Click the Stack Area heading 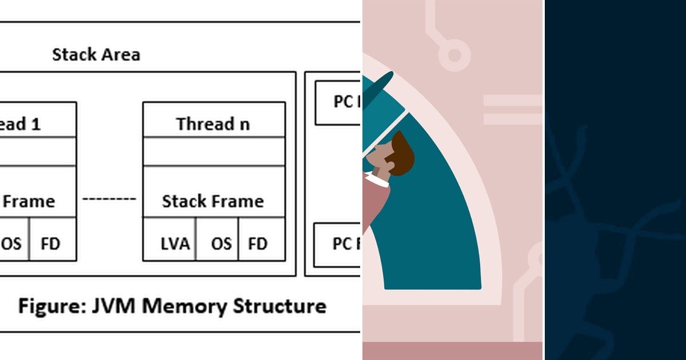96,55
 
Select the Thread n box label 213,123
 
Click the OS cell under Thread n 221,243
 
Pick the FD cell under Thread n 258,243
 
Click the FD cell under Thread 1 51,243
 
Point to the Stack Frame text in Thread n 213,201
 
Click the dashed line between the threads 109,199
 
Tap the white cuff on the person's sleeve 377,180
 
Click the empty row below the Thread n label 213,151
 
